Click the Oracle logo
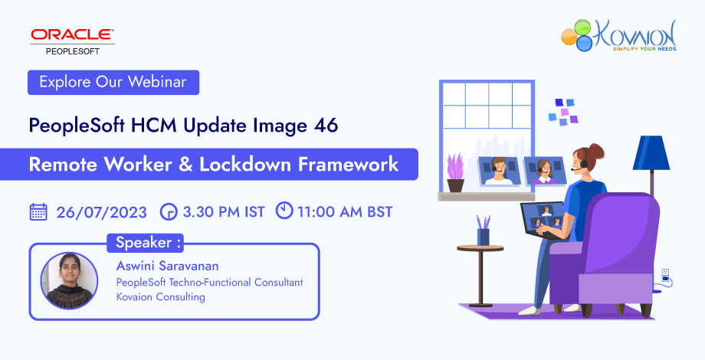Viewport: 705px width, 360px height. [x=72, y=34]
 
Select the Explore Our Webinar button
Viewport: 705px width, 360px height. [x=113, y=82]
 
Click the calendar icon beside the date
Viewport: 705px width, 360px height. [x=38, y=211]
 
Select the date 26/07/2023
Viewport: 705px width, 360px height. [x=100, y=211]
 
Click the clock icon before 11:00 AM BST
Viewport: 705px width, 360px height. [x=284, y=210]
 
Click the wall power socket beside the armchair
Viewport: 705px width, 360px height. [x=664, y=274]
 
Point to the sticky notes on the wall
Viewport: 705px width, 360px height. [x=566, y=110]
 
